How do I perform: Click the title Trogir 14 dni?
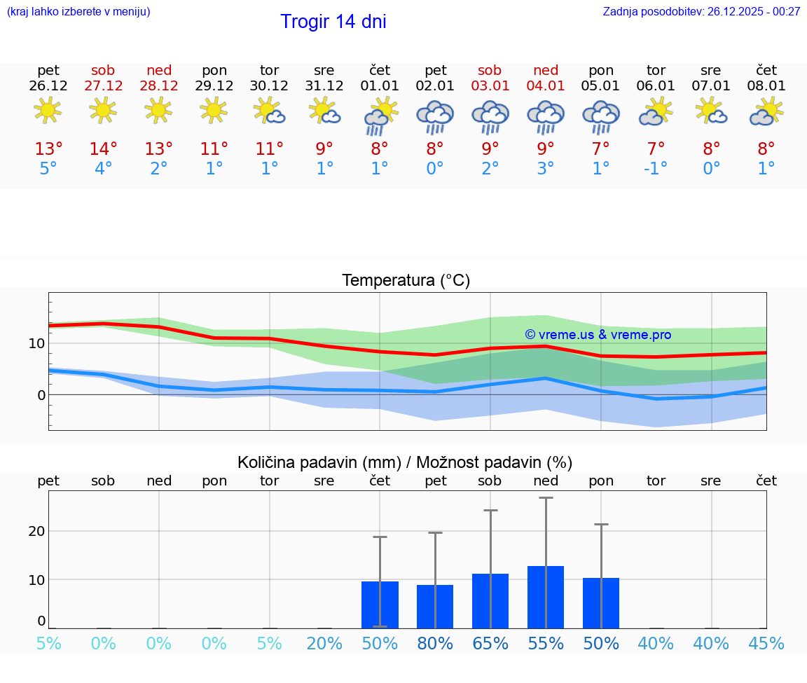(x=333, y=22)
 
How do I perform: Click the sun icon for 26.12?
(x=48, y=110)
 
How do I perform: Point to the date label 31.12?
(x=324, y=86)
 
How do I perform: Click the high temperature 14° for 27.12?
(x=103, y=149)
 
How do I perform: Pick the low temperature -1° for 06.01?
(x=656, y=169)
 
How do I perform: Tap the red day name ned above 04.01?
(x=546, y=70)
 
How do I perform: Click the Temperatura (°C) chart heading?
(x=406, y=280)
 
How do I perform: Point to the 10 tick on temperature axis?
(x=36, y=343)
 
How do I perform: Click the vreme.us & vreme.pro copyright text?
(x=598, y=335)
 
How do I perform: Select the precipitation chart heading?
(x=405, y=462)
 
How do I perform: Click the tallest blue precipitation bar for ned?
(x=546, y=597)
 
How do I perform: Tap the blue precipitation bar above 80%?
(x=435, y=607)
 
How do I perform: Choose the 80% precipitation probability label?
(x=435, y=644)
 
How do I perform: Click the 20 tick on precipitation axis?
(x=36, y=531)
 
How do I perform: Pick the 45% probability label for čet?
(x=766, y=644)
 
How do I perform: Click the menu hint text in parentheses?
(x=78, y=11)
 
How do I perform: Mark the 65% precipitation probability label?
(x=490, y=644)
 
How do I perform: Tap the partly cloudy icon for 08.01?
(x=766, y=112)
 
